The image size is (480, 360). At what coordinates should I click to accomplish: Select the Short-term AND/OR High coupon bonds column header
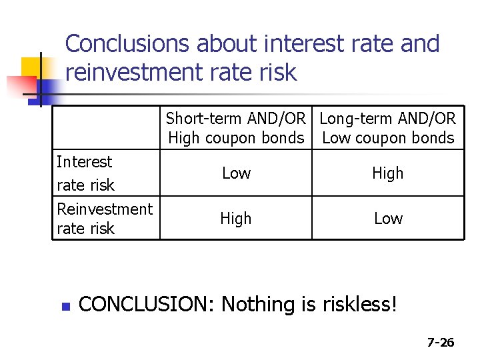click(236, 128)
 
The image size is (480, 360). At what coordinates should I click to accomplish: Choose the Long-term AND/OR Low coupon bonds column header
click(388, 128)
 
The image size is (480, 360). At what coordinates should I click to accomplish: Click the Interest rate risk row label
click(85, 173)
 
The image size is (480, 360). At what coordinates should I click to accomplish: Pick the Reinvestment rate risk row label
click(105, 218)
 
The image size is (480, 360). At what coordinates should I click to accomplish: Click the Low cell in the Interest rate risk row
click(236, 173)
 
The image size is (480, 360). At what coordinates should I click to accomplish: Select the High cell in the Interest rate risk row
click(388, 173)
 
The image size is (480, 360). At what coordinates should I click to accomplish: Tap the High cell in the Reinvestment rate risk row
click(236, 219)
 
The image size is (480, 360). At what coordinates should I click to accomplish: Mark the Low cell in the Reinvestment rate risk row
click(388, 219)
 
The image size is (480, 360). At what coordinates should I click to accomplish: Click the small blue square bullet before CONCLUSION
click(65, 307)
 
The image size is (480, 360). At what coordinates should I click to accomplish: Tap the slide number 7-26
click(441, 343)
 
